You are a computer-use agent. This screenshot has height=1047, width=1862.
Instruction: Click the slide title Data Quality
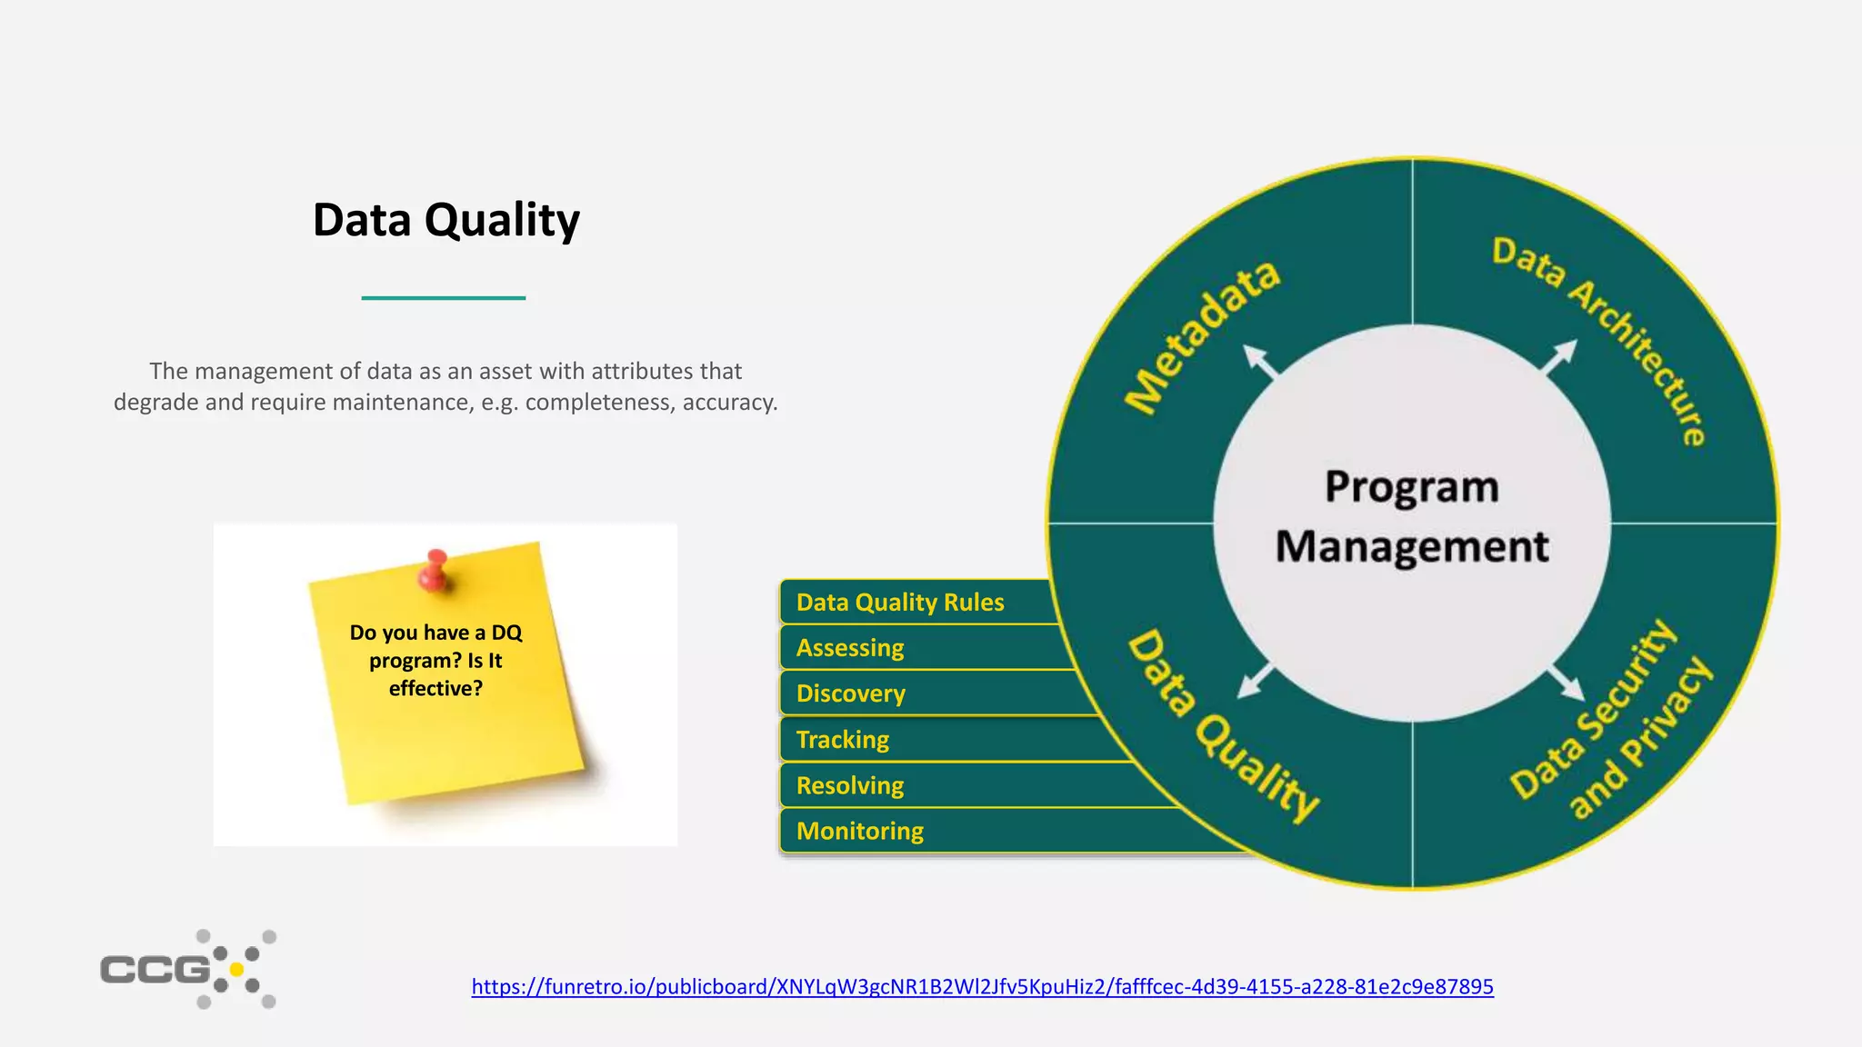(445, 221)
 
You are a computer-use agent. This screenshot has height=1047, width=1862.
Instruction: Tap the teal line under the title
(444, 297)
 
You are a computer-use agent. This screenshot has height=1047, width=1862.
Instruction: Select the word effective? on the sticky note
(435, 689)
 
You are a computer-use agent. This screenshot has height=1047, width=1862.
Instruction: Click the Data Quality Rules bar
(900, 603)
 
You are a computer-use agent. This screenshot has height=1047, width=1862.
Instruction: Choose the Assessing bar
(850, 648)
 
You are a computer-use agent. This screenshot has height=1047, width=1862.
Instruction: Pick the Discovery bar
(851, 693)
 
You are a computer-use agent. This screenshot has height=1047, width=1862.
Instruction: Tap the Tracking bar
(843, 740)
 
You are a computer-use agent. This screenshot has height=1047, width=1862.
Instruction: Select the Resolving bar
(850, 785)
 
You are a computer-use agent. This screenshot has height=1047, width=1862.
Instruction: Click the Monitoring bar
(860, 831)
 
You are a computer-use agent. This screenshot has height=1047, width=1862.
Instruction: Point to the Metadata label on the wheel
(1202, 337)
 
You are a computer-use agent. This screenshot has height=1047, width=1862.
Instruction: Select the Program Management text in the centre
(1412, 517)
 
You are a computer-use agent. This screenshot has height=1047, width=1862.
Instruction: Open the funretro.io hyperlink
(982, 987)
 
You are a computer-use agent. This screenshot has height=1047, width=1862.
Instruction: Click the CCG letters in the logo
(155, 970)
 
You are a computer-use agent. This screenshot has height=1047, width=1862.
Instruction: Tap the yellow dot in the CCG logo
(237, 970)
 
